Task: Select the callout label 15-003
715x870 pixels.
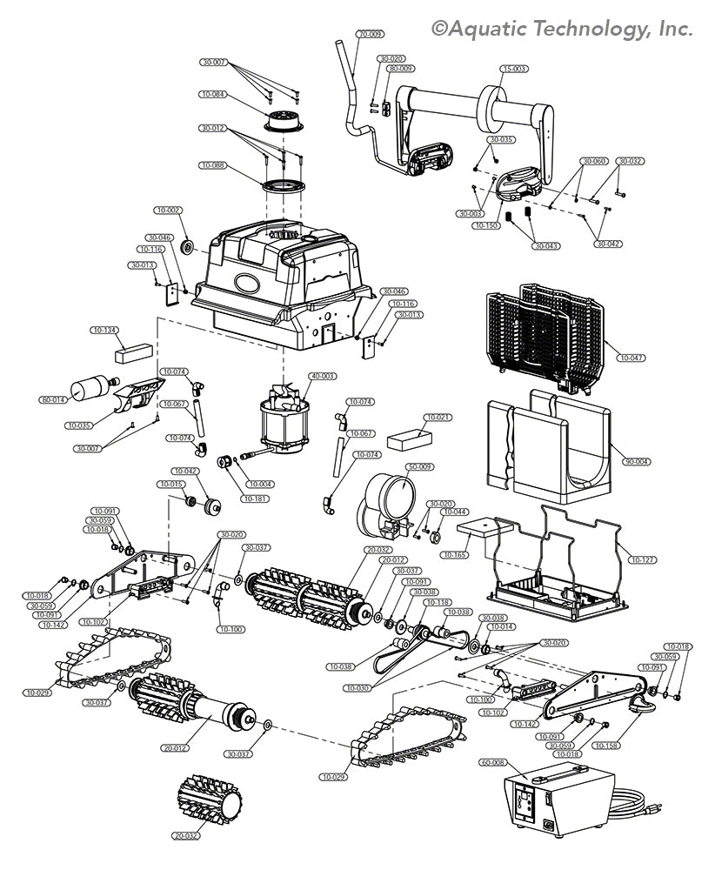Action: (x=515, y=68)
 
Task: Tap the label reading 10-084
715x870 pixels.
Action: (x=213, y=94)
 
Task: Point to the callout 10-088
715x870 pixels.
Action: (x=213, y=164)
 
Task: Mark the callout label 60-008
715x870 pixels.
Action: (x=493, y=761)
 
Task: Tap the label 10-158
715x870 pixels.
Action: (x=607, y=745)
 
